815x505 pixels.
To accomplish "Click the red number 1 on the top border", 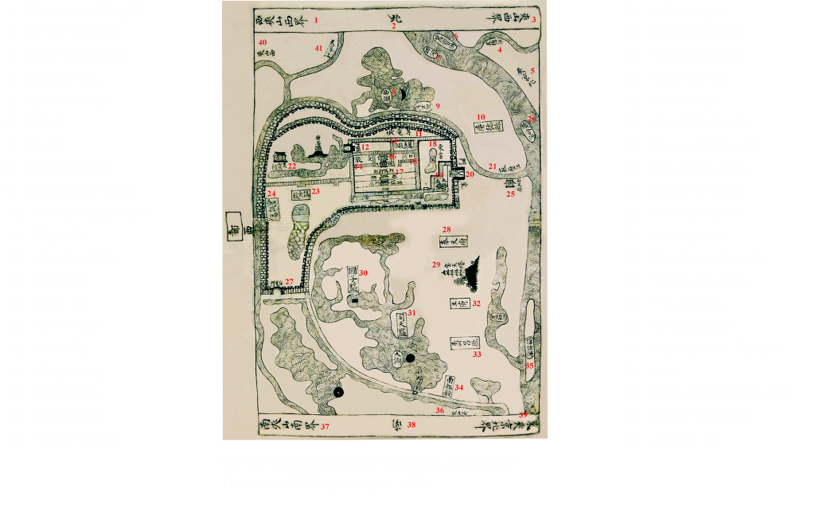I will pyautogui.click(x=316, y=19).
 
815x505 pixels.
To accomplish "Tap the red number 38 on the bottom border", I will pyautogui.click(x=411, y=425).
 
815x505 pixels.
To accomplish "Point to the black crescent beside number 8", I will pyautogui.click(x=535, y=19).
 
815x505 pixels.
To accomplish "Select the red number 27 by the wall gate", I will pyautogui.click(x=289, y=281).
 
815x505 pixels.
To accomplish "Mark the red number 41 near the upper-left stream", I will pyautogui.click(x=319, y=49).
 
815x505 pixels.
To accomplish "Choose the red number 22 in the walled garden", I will pyautogui.click(x=293, y=166).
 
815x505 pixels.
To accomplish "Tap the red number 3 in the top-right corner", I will pyautogui.click(x=535, y=19).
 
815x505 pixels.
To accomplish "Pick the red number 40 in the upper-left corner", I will pyautogui.click(x=263, y=41).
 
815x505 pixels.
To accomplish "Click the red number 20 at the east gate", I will pyautogui.click(x=470, y=174).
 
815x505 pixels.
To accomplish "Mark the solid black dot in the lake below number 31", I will pyautogui.click(x=411, y=359).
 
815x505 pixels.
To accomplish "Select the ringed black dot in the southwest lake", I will pyautogui.click(x=338, y=391).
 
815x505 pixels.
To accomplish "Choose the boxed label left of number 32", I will pyautogui.click(x=457, y=303).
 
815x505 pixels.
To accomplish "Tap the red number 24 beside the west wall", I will pyautogui.click(x=272, y=194).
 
